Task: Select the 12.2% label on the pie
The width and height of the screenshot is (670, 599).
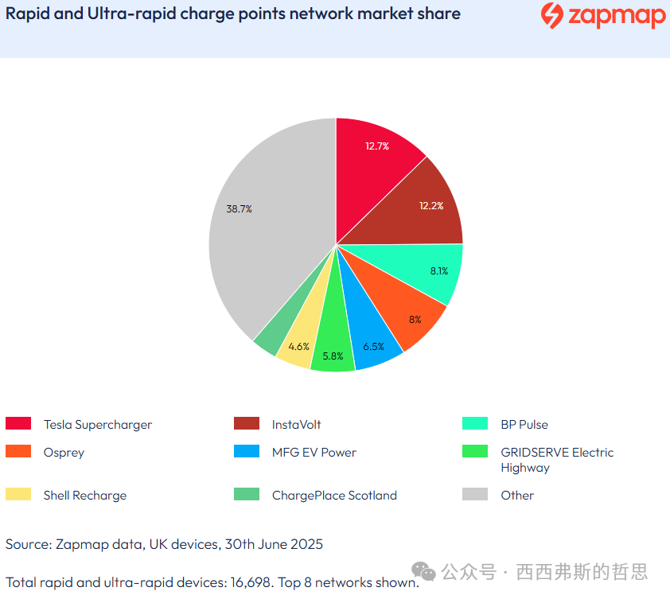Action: (431, 205)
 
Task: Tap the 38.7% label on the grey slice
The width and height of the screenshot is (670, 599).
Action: (239, 209)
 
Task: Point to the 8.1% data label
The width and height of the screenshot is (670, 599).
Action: (438, 271)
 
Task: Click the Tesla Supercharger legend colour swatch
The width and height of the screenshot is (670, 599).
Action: (18, 424)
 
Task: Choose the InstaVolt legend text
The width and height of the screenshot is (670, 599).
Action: (296, 425)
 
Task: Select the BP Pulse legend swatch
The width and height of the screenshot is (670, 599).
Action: (475, 424)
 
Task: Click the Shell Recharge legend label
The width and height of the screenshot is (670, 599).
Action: (84, 496)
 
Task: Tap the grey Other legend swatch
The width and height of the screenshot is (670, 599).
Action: (475, 495)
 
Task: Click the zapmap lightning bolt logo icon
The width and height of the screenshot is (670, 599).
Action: (551, 16)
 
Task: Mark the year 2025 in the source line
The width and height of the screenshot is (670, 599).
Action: (306, 545)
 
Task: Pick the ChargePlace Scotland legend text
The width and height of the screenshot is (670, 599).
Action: (334, 496)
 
